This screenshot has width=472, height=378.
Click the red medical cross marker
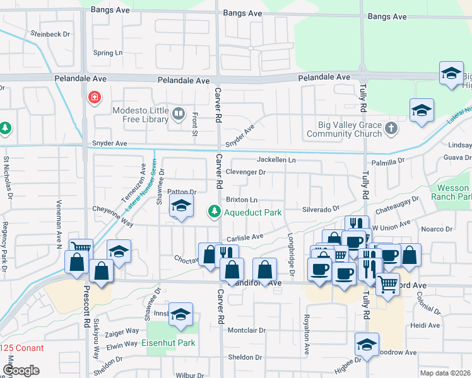point(94,98)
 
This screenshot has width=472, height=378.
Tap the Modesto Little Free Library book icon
point(179,114)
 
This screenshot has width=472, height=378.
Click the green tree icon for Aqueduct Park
point(215,211)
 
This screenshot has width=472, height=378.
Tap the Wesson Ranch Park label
point(453,193)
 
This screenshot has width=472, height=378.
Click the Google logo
point(21,370)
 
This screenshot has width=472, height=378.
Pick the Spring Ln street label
point(107,53)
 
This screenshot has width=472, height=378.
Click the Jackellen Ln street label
point(276,160)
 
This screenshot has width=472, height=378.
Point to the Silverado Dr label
point(321,208)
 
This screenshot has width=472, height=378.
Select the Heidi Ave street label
point(424,326)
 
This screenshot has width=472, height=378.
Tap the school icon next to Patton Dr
point(181,208)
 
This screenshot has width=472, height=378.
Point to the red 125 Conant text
point(22,348)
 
